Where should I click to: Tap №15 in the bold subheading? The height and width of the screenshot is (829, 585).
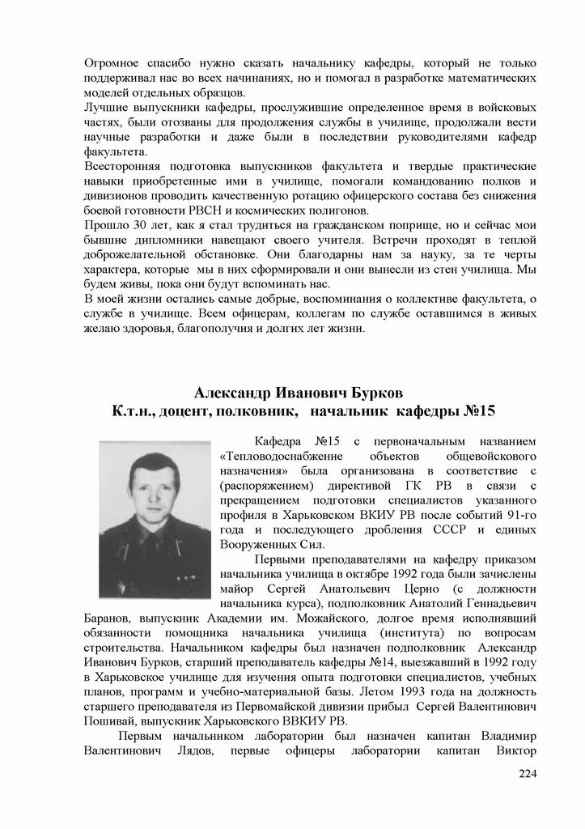tap(478, 412)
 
